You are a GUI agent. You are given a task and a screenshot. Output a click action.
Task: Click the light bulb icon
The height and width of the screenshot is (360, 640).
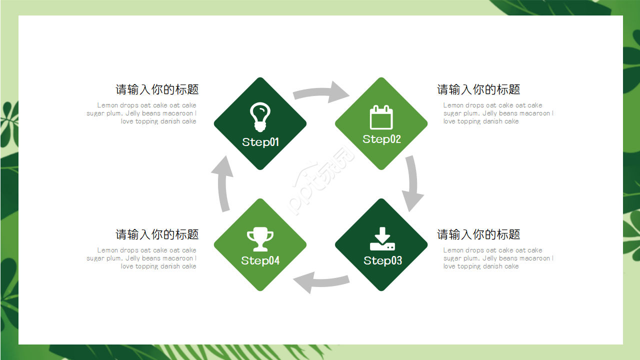[260, 116]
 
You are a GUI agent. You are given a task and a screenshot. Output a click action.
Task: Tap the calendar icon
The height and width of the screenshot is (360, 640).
[381, 117]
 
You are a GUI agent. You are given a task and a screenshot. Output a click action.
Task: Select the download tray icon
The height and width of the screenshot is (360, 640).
[382, 239]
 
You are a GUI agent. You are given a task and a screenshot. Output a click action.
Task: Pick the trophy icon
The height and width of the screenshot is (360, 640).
[260, 239]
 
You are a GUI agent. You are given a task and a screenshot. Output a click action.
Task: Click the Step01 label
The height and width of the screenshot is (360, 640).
[260, 142]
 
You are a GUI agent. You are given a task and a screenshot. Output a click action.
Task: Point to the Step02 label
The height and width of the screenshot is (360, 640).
[381, 139]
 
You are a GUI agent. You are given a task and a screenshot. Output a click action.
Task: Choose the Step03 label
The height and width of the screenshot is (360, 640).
[382, 260]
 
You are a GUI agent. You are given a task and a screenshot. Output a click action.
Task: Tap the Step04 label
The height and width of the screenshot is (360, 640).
[260, 260]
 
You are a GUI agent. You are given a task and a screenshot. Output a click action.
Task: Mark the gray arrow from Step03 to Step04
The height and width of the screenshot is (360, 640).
[320, 282]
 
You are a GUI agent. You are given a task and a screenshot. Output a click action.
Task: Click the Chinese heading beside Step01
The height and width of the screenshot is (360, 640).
[157, 89]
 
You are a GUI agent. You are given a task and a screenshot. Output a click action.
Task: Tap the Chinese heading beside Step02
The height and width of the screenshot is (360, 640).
[478, 89]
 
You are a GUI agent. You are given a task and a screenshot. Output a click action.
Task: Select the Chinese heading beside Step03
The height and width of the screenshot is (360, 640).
[478, 234]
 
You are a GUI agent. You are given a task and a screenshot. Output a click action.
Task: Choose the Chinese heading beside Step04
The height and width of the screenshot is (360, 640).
[157, 234]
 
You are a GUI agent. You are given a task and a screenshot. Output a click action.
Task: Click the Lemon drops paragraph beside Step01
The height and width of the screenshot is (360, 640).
[142, 113]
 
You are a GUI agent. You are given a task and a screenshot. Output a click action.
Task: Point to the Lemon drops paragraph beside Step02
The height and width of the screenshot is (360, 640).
[498, 113]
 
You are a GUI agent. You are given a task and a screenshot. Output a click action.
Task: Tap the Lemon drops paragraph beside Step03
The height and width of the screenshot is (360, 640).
[498, 258]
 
